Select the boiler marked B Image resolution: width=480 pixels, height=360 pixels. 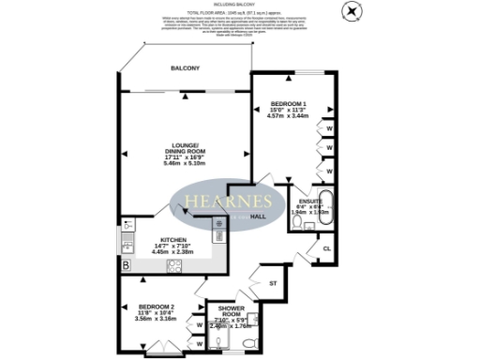tap(125, 266)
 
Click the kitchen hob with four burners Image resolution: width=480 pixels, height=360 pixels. tap(173, 267)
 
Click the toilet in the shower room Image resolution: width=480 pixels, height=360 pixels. tap(246, 345)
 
